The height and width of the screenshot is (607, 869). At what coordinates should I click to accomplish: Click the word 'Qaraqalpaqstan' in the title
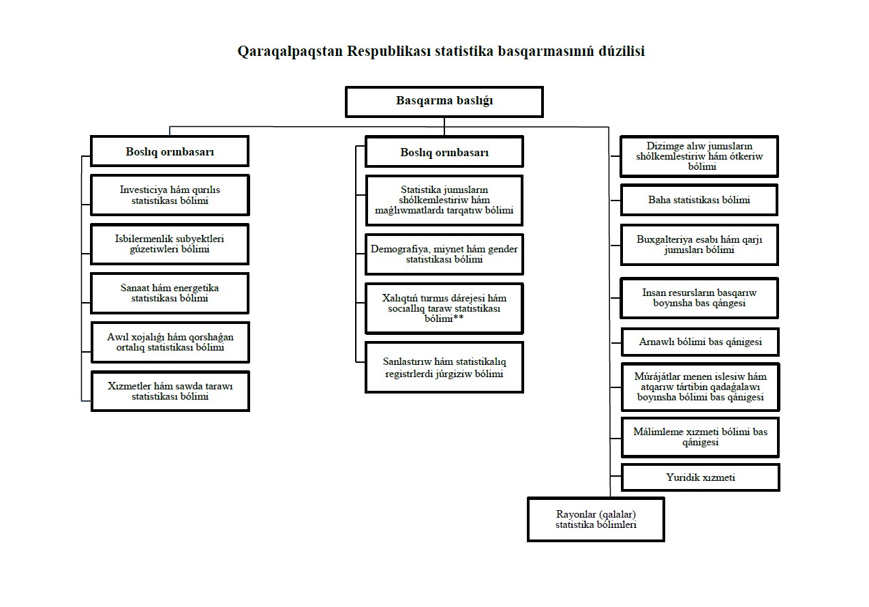290,51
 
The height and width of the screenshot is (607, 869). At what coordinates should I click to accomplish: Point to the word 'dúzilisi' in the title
622,51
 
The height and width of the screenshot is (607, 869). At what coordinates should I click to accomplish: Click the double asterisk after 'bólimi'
458,317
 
